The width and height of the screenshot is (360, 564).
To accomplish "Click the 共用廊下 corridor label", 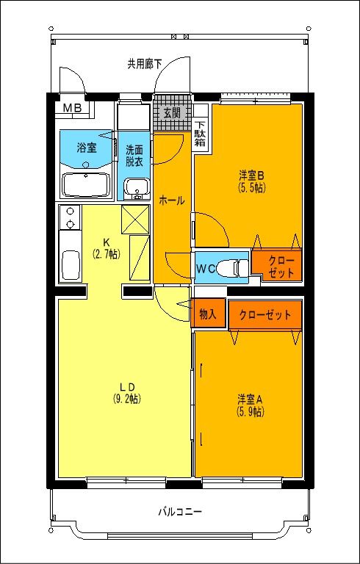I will click(144, 65).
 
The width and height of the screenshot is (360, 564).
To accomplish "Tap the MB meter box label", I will click(72, 109).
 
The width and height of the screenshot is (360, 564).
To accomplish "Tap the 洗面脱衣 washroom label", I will click(134, 153).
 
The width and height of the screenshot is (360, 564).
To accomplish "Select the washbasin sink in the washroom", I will click(134, 189).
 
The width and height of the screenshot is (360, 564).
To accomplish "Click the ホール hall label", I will click(172, 200).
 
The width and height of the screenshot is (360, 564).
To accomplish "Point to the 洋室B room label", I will click(251, 181).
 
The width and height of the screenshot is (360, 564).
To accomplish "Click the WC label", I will click(204, 269).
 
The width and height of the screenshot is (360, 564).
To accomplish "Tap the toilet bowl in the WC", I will click(234, 269).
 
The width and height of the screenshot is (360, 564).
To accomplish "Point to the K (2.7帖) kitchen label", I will click(106, 248).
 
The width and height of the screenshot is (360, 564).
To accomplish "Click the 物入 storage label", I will click(207, 314).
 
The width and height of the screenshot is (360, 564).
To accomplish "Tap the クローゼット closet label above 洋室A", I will click(265, 315).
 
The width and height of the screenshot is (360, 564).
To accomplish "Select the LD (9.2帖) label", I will click(126, 394).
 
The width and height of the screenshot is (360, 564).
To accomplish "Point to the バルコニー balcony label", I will click(179, 511).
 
